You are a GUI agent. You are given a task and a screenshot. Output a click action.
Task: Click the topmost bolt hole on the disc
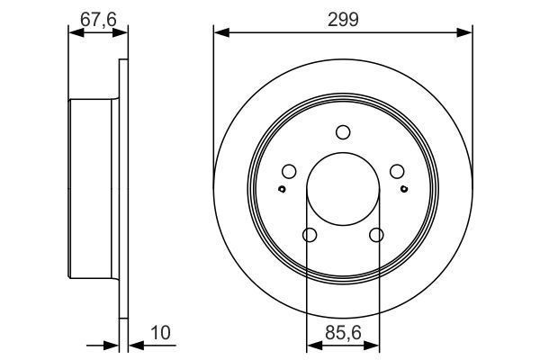point(343,133)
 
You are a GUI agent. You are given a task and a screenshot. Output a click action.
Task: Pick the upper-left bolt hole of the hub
point(289,172)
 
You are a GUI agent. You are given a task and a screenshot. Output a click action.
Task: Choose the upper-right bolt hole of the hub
point(397,172)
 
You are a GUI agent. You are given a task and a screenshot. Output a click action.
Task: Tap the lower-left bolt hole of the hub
point(310,236)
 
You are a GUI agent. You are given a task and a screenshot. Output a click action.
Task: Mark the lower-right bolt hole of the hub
point(376,236)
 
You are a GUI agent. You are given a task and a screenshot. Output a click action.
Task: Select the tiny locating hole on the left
point(282,188)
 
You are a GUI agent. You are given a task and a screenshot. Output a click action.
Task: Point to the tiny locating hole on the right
point(404,188)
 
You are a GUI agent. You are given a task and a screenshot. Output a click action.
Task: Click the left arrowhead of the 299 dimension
point(219,33)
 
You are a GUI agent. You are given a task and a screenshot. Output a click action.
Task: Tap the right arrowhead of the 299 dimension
point(467,33)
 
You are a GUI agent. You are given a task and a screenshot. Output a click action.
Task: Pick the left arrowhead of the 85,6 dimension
point(311,344)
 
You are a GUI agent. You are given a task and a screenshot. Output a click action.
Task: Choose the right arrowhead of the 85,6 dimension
point(373,344)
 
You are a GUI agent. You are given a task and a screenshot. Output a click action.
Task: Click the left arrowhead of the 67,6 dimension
point(74,33)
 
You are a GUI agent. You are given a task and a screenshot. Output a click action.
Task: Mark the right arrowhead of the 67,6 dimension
point(117,33)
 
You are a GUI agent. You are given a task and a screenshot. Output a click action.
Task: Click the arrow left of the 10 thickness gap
point(112,344)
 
